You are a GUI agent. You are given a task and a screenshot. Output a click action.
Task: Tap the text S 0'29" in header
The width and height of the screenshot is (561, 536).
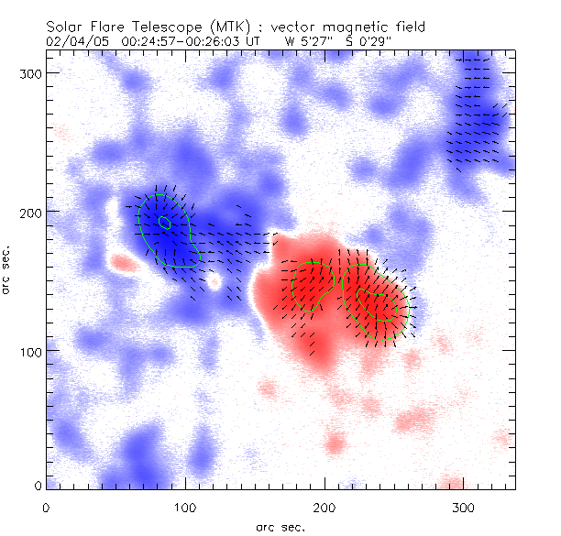pos(365,41)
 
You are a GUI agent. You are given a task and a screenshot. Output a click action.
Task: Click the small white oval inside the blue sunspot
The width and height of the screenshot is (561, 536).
pos(164,222)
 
